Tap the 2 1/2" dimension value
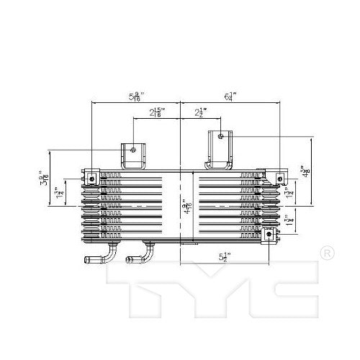pyautogui.click(x=202, y=112)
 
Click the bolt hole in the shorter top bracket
pyautogui.click(x=135, y=150)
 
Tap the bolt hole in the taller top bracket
pyautogui.click(x=220, y=135)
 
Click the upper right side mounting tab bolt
pyautogui.click(x=280, y=177)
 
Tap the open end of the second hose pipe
pyautogui.click(x=130, y=260)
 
